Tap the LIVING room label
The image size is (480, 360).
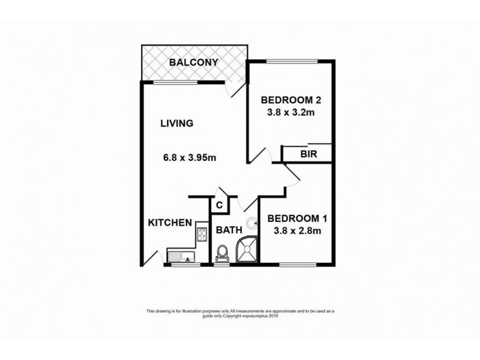pyautogui.click(x=176, y=124)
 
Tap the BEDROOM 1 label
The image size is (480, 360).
pyautogui.click(x=298, y=218)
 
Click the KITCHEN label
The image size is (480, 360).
pyautogui.click(x=170, y=223)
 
